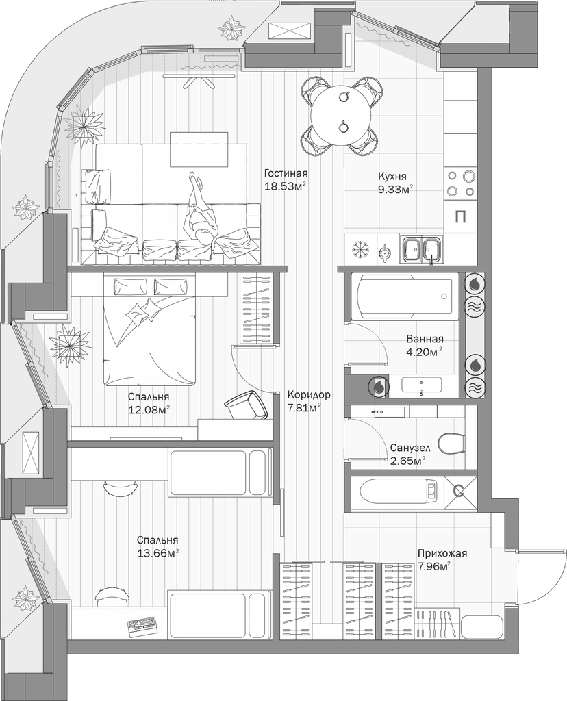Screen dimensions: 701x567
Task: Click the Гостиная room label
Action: pos(286,173)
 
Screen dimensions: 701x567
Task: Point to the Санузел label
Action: pos(410,448)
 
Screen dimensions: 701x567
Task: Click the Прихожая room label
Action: pos(442,553)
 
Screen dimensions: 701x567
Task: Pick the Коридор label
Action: pos(309,395)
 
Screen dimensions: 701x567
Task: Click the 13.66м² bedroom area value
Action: pos(157,552)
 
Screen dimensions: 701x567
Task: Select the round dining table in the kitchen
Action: pos(340,113)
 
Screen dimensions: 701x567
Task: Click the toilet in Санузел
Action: pos(451,443)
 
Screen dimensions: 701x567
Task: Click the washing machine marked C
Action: pos(459,491)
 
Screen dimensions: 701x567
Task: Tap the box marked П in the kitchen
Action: pos(461,218)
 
